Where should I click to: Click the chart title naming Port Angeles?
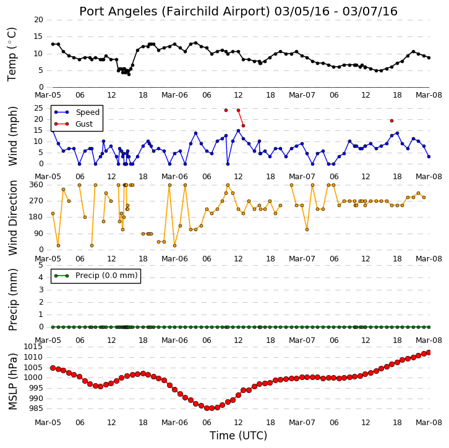(238, 12)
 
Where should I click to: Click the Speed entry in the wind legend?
(88, 112)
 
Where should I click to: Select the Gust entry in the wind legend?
(84, 124)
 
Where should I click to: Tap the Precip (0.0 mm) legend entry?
(106, 276)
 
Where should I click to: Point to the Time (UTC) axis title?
(238, 436)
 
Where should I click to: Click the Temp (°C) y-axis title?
(12, 54)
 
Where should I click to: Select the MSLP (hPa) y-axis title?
(12, 381)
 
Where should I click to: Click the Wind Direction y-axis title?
(12, 218)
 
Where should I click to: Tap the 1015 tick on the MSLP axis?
(33, 347)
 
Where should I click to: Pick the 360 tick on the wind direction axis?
(36, 185)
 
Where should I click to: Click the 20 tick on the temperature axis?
(39, 20)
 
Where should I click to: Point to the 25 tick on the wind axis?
(39, 108)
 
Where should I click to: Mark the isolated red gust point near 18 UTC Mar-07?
(391, 120)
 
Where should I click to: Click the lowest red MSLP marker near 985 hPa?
(207, 408)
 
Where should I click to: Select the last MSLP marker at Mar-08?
(429, 352)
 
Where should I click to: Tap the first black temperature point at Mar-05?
(53, 44)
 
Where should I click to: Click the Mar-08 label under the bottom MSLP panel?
(429, 422)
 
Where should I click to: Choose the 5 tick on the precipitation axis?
(41, 265)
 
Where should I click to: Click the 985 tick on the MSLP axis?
(35, 408)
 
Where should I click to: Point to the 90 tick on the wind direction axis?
(39, 234)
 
